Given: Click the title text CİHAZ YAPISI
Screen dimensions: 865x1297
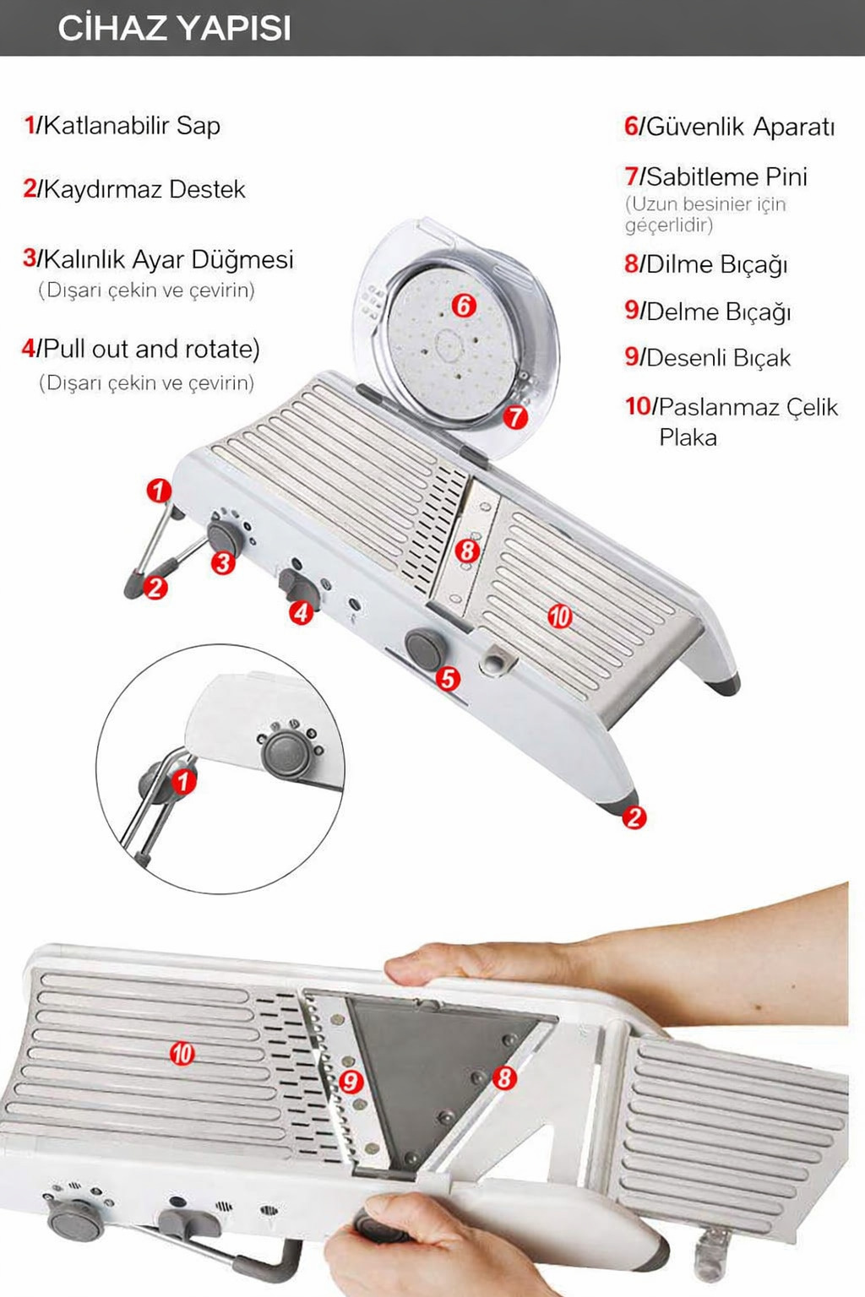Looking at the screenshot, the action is click(x=174, y=29).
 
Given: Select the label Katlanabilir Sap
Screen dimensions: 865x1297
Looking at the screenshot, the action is click(x=132, y=126).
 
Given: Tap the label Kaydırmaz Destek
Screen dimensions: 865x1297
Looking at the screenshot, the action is click(x=144, y=189).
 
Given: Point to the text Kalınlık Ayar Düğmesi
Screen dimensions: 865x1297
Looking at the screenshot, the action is click(x=168, y=259).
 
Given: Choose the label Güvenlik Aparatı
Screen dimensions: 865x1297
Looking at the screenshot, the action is click(x=741, y=127).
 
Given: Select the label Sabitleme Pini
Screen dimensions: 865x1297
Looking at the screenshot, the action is click(x=726, y=176).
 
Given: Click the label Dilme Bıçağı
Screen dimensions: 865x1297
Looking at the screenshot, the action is click(x=716, y=264).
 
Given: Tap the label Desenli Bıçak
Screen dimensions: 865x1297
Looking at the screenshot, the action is click(x=718, y=358).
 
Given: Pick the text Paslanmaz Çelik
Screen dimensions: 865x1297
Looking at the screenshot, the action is click(x=748, y=407).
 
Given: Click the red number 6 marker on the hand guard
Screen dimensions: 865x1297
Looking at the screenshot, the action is click(x=464, y=306).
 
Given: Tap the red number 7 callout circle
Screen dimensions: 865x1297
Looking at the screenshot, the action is click(x=515, y=417).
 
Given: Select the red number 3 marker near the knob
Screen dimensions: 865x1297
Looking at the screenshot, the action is click(x=224, y=562).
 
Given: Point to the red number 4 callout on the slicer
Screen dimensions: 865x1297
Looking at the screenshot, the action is click(x=302, y=612).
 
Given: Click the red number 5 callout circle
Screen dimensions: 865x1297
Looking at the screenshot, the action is click(x=448, y=679).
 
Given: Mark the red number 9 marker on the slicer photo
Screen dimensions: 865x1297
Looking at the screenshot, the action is click(x=351, y=1081).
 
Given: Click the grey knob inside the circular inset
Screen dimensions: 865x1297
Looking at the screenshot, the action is click(x=288, y=752).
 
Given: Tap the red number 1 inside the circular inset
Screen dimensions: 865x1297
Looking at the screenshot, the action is click(x=183, y=782).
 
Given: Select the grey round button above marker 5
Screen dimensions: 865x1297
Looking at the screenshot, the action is click(x=426, y=648).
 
